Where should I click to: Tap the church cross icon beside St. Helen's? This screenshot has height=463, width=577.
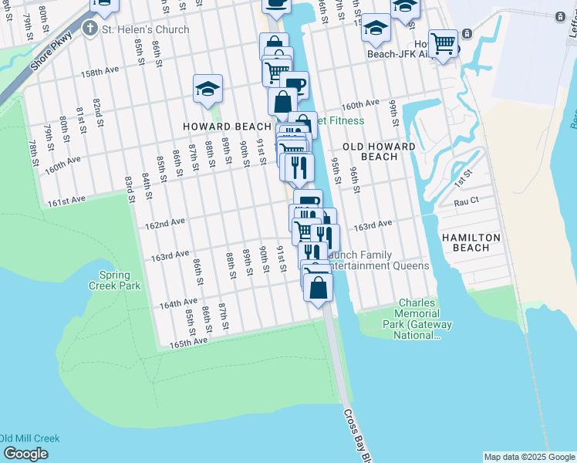(x=90, y=29)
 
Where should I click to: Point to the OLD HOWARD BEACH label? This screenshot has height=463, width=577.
(x=379, y=151)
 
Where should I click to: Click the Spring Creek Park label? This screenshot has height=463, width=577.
(x=120, y=280)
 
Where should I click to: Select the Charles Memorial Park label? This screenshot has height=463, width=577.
(x=417, y=319)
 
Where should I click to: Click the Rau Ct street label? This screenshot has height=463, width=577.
(x=467, y=201)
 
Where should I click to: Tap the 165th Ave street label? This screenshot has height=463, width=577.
(x=189, y=340)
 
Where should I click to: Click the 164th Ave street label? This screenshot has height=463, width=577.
(x=179, y=303)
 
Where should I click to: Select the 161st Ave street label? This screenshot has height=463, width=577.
(x=64, y=201)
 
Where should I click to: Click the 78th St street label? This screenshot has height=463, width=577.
(x=34, y=153)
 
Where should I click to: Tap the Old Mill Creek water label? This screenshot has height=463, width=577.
(x=29, y=438)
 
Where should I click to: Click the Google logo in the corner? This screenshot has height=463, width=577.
(x=25, y=453)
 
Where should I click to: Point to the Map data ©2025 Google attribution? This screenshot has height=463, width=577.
(x=528, y=457)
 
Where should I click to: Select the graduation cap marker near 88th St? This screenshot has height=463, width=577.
(x=208, y=90)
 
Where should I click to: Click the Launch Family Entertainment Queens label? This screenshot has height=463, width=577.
(x=378, y=260)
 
